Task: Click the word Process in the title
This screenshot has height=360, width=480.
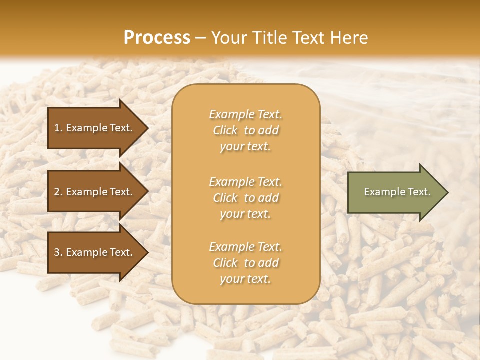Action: (x=157, y=38)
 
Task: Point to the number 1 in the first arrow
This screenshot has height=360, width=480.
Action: (x=56, y=128)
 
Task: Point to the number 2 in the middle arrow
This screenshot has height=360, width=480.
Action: (x=56, y=192)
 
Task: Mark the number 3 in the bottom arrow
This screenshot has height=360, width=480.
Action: (x=56, y=252)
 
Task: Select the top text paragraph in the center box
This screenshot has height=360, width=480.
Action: (x=245, y=130)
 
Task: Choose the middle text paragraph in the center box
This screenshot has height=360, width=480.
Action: (x=245, y=198)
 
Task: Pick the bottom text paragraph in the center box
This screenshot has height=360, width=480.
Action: (x=245, y=263)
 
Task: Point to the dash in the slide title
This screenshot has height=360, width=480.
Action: (x=200, y=38)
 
